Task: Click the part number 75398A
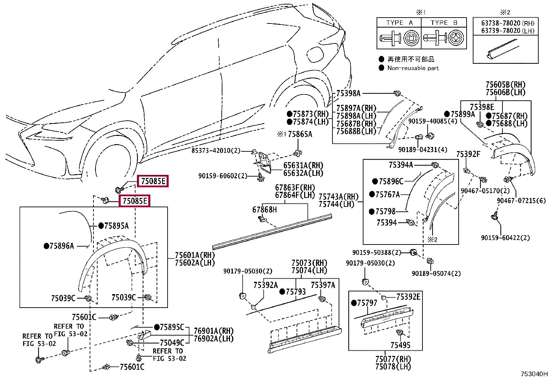tap(348, 93)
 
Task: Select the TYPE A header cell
tap(399, 22)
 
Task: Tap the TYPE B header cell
tap(444, 22)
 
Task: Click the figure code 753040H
tap(534, 374)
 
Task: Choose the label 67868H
tap(264, 210)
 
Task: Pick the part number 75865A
tap(300, 134)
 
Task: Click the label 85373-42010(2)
tap(216, 150)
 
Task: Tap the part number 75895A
tap(117, 226)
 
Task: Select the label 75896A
tap(62, 246)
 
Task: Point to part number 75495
tap(400, 345)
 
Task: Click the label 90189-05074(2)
tap(436, 273)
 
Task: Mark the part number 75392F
tap(468, 154)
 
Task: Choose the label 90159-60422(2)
tap(505, 238)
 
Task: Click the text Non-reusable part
tap(413, 68)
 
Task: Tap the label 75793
tap(296, 292)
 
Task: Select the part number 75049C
tap(172, 343)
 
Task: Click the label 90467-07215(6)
tap(521, 201)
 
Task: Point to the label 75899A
tap(463, 114)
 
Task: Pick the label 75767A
tap(388, 195)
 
